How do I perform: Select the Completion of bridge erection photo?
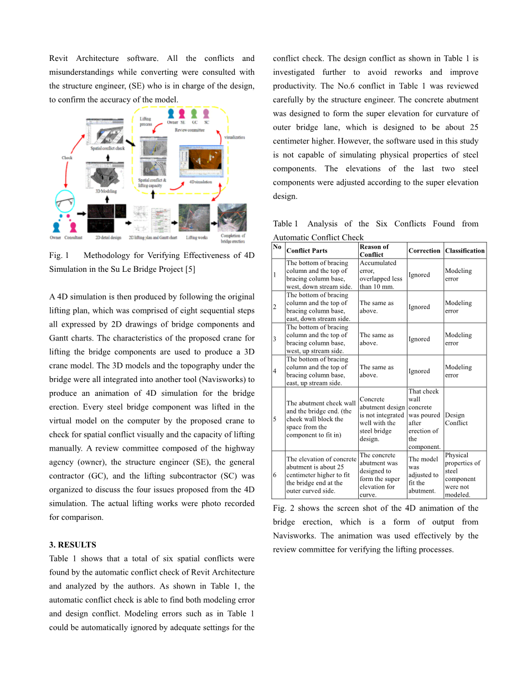[232, 218]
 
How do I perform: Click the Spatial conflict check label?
[107, 148]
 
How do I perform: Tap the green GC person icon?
[194, 115]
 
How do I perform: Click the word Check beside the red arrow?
[67, 157]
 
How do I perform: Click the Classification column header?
[464, 251]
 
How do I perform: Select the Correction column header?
[424, 251]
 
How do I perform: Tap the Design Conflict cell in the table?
[456, 419]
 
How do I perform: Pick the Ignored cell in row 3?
[419, 339]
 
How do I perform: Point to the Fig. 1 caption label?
[59, 256]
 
